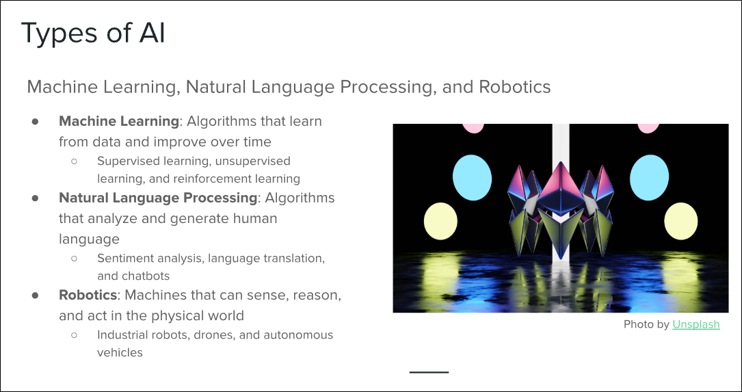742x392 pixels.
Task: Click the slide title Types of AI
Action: pyautogui.click(x=93, y=34)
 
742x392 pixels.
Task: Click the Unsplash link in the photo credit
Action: pyautogui.click(x=695, y=324)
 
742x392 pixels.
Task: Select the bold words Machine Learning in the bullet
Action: pyautogui.click(x=119, y=121)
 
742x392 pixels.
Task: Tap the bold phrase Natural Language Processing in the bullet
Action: pyautogui.click(x=158, y=198)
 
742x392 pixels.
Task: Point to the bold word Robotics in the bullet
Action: pyautogui.click(x=88, y=295)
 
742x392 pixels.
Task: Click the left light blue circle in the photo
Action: pyautogui.click(x=472, y=178)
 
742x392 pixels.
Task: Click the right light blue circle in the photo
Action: pyautogui.click(x=649, y=178)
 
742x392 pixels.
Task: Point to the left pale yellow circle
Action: pyautogui.click(x=440, y=221)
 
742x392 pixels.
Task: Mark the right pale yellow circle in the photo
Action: pyautogui.click(x=681, y=221)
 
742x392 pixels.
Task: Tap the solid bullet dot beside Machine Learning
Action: pyautogui.click(x=35, y=121)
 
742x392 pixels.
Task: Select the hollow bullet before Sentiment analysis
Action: pyautogui.click(x=74, y=259)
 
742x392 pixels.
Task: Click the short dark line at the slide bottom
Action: pyautogui.click(x=429, y=372)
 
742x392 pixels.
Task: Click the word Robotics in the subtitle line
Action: pyautogui.click(x=515, y=87)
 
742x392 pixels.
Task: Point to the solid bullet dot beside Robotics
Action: pyautogui.click(x=35, y=295)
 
